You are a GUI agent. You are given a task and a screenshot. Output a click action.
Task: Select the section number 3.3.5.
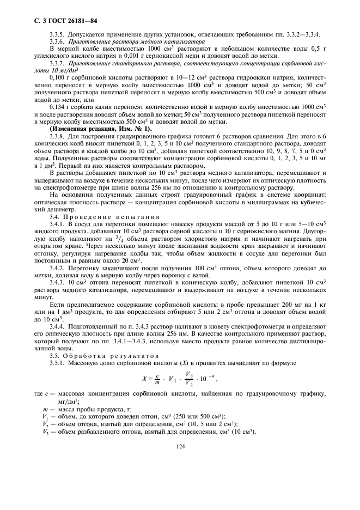click(57, 34)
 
